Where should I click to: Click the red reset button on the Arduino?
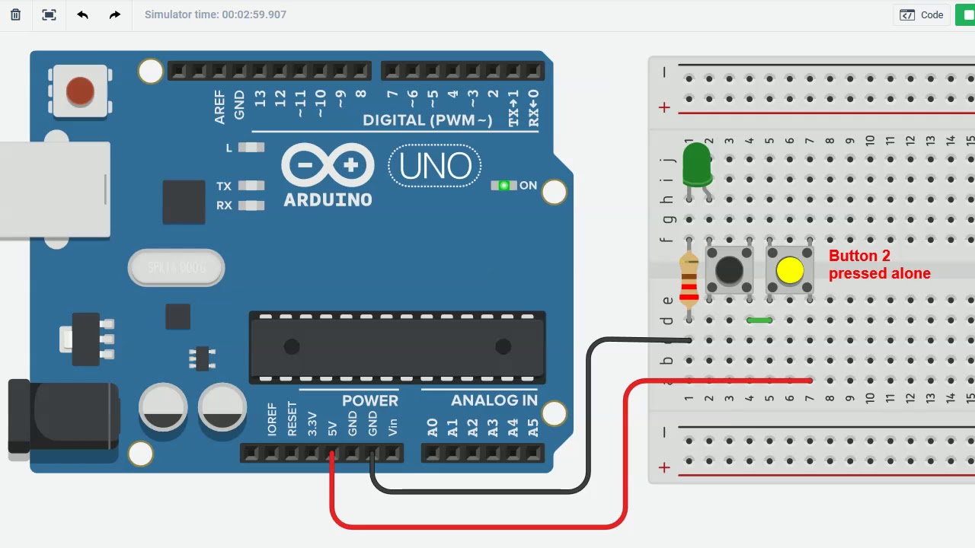click(x=80, y=92)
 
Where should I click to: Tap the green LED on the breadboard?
click(x=696, y=166)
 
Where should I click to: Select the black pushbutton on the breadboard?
click(x=729, y=269)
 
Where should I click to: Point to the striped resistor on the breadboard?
click(x=689, y=279)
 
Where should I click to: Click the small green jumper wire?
click(x=759, y=320)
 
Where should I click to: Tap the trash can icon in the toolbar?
click(x=15, y=14)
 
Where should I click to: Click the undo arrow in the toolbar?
click(x=82, y=14)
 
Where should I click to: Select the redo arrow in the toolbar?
click(x=115, y=14)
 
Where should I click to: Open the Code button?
click(x=922, y=14)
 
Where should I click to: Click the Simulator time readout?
click(x=216, y=14)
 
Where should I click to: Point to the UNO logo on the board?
click(x=435, y=166)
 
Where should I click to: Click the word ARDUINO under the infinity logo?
click(x=328, y=200)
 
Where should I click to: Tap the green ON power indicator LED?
click(x=503, y=186)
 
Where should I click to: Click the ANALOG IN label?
click(x=494, y=400)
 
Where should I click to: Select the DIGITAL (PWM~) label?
click(x=427, y=120)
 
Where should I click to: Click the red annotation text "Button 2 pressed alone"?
click(x=879, y=265)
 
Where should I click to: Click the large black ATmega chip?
click(x=397, y=347)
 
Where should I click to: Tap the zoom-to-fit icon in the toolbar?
click(x=50, y=14)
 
